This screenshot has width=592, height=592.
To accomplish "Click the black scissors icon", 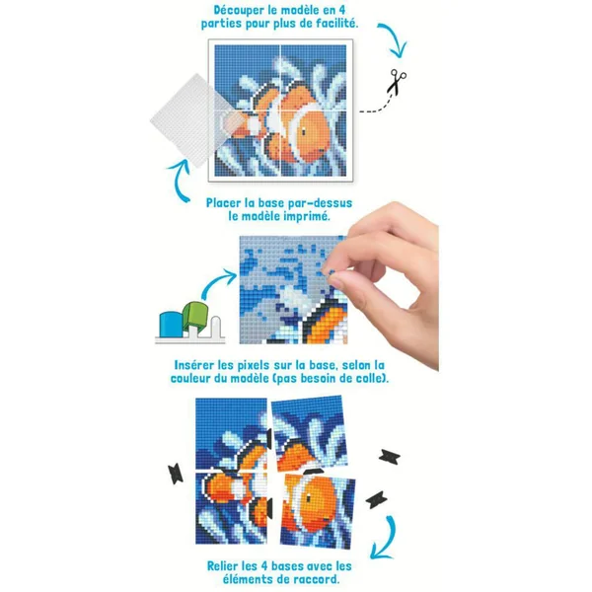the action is point(397,81).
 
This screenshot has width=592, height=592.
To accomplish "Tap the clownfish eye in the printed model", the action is point(304,132).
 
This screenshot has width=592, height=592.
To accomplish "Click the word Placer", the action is point(224,203).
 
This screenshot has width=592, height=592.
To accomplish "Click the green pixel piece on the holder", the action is point(195,315).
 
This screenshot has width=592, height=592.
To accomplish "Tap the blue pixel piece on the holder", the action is point(172,324).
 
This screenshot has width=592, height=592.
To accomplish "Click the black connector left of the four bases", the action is point(176,475).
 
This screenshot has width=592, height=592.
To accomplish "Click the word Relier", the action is point(225,566).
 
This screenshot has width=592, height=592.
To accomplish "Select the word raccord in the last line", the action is point(317,579).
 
